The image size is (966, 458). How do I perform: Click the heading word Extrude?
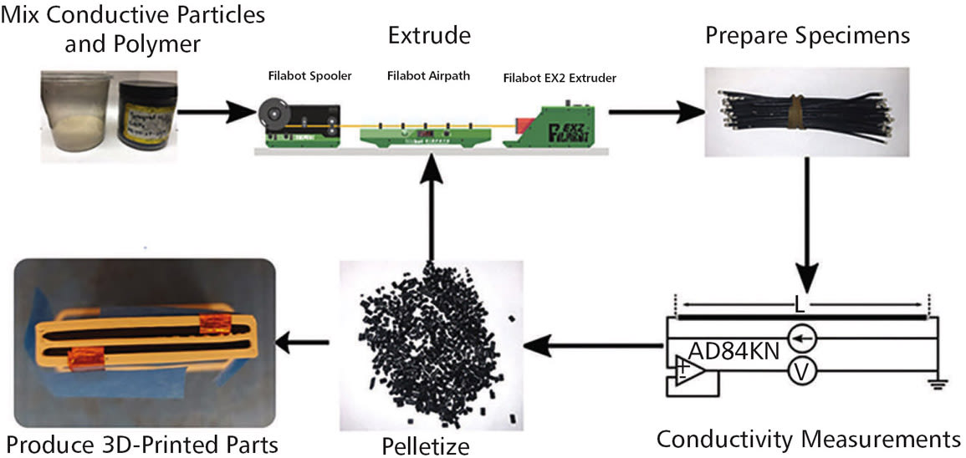pos(429,35)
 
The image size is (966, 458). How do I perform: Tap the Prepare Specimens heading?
pos(807,35)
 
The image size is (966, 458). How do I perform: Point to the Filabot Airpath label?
pos(429,76)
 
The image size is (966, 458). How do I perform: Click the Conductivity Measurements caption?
pos(808,438)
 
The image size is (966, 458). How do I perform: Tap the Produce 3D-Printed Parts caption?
pos(142,443)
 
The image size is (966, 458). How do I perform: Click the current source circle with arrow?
pos(800,339)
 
